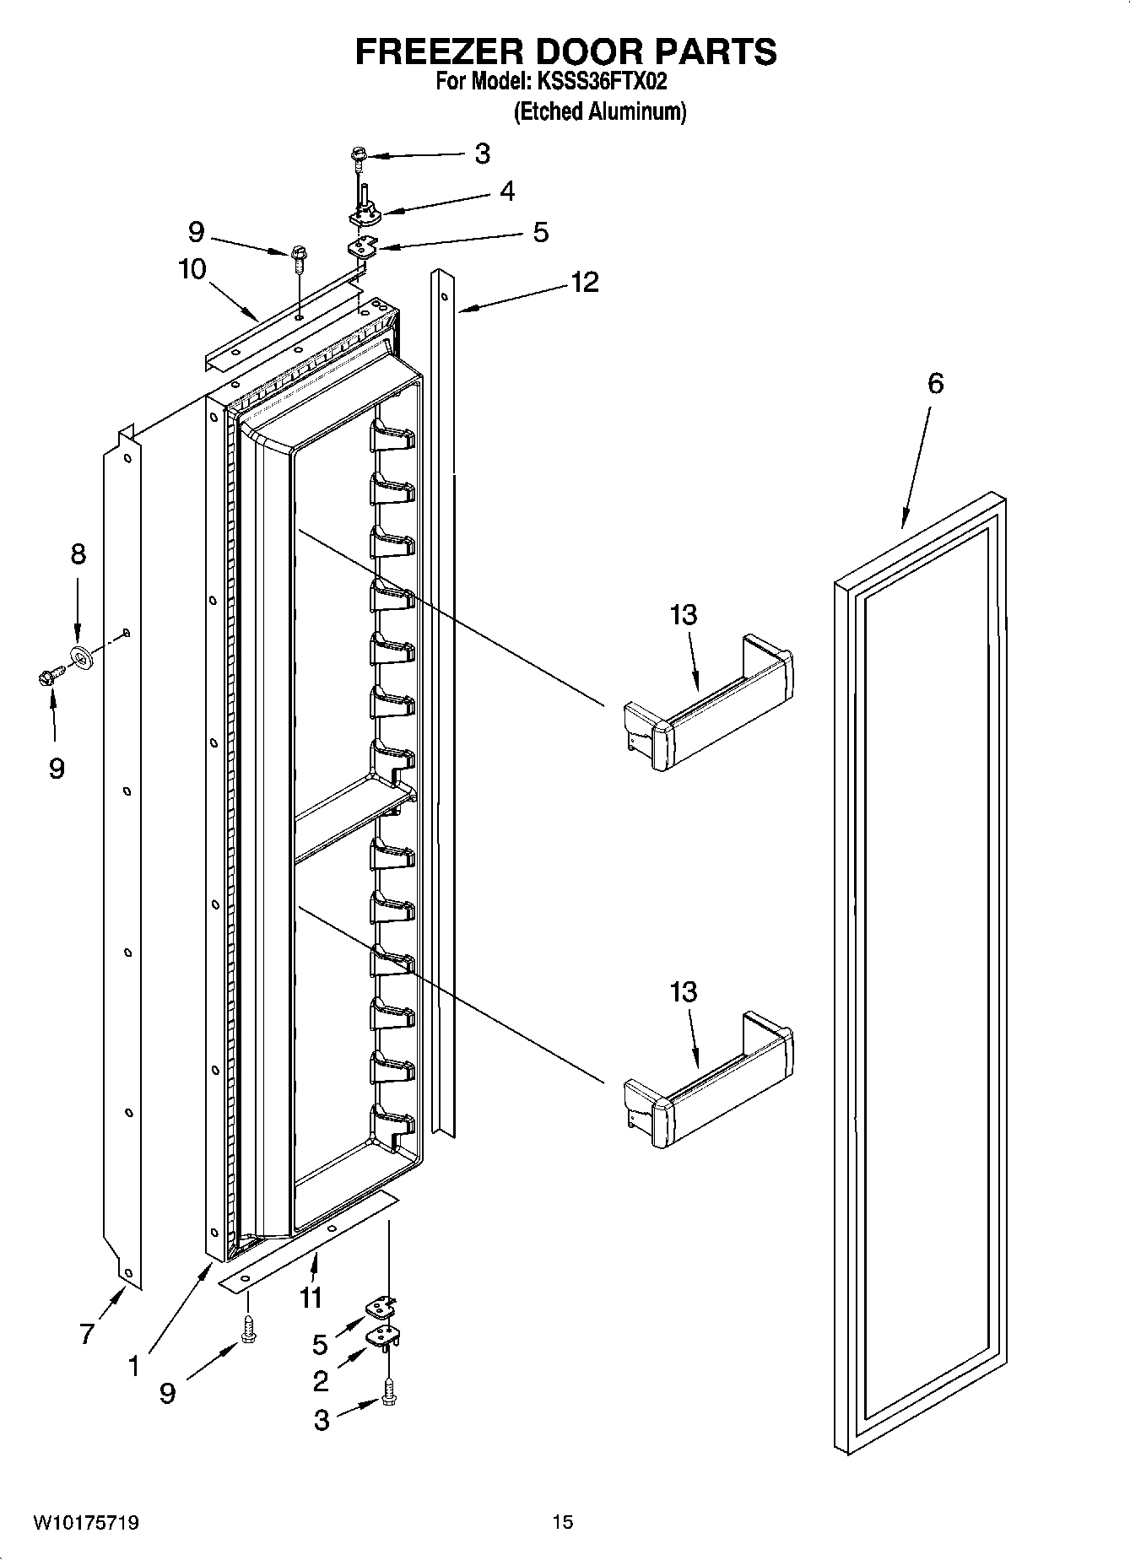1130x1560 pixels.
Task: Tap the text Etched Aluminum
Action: click(x=600, y=111)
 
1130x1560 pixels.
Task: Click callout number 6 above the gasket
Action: click(x=935, y=384)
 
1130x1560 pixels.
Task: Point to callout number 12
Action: click(x=584, y=282)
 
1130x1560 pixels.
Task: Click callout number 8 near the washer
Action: click(x=77, y=554)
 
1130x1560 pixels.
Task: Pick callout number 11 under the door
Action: click(x=311, y=1297)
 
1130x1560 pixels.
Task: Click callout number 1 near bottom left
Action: click(x=133, y=1366)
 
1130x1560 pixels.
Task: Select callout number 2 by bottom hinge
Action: click(x=321, y=1381)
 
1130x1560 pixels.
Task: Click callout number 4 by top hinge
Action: click(x=506, y=192)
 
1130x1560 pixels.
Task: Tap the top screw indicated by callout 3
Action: click(x=359, y=156)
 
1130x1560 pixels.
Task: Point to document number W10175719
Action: click(x=86, y=1523)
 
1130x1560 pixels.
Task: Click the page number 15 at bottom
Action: click(x=563, y=1522)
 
